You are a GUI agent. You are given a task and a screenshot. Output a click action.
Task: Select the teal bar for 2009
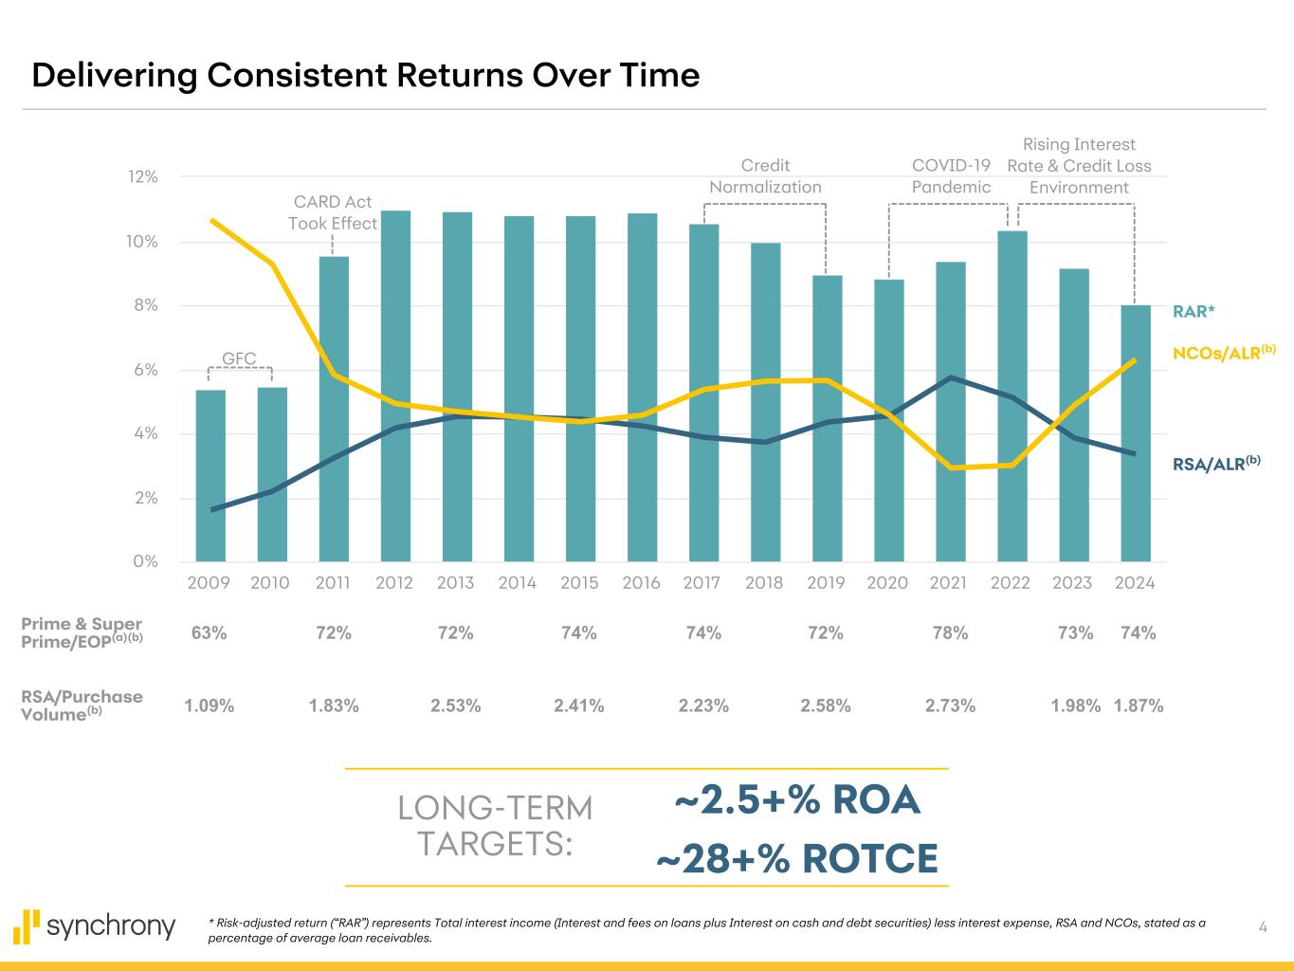(x=210, y=475)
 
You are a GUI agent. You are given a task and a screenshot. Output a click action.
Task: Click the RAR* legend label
(x=1194, y=311)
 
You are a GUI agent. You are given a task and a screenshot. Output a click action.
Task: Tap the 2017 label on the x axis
(x=702, y=583)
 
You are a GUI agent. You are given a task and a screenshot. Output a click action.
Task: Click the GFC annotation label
(x=239, y=358)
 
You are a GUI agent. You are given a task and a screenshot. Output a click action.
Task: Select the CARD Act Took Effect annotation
(x=333, y=212)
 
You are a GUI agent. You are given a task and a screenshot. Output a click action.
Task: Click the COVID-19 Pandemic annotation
(x=951, y=176)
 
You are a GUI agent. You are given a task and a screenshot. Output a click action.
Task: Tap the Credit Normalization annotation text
(x=765, y=176)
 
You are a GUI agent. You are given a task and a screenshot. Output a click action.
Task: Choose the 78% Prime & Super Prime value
(x=950, y=633)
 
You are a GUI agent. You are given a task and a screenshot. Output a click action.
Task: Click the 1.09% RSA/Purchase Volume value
(x=209, y=705)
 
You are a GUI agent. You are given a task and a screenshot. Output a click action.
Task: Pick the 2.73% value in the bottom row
(x=950, y=705)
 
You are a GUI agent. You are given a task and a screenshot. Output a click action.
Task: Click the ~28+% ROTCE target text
(x=796, y=860)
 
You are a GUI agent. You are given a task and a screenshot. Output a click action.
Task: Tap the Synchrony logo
(x=95, y=925)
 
